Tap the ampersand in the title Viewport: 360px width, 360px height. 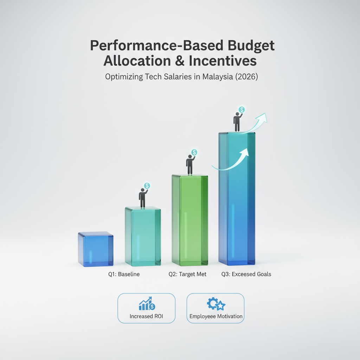(180, 61)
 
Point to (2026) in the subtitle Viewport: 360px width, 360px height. (246, 76)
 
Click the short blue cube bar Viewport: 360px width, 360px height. (96, 249)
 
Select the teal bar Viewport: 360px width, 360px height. (143, 236)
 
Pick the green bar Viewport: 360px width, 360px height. (190, 220)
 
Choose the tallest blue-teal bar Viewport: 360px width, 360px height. (237, 199)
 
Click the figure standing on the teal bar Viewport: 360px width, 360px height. (143, 198)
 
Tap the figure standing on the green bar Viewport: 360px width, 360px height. (190, 165)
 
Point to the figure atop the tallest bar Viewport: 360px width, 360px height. (237, 122)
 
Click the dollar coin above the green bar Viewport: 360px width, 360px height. (194, 152)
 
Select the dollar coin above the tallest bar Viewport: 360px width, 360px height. (242, 110)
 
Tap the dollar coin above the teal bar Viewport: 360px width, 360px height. (147, 186)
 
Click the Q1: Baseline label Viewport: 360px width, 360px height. (124, 274)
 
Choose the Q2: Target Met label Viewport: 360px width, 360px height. (187, 274)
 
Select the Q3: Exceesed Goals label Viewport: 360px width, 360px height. (246, 274)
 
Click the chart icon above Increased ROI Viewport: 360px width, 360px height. (147, 303)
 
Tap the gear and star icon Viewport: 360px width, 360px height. (216, 304)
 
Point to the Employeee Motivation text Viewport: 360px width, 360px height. (216, 316)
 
